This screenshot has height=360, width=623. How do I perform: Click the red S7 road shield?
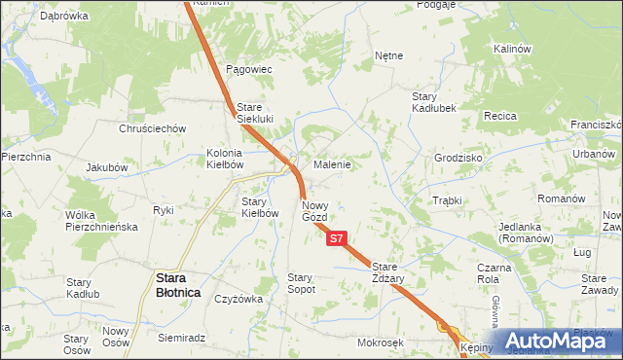coord(336,237)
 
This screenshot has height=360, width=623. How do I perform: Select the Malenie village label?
coord(331,164)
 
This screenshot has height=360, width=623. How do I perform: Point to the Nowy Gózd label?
coord(320,211)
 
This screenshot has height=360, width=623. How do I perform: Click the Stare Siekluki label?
coord(256,113)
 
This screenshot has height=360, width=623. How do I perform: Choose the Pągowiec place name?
coord(248,70)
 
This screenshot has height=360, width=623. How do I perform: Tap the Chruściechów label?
coord(152,128)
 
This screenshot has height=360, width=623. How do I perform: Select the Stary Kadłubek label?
coord(434,102)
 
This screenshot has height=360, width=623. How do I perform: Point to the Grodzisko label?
coord(459,158)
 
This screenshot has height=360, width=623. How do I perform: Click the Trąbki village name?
coord(446,200)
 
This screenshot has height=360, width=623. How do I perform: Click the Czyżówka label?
coord(238,299)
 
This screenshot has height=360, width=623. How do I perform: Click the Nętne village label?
coord(388,56)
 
